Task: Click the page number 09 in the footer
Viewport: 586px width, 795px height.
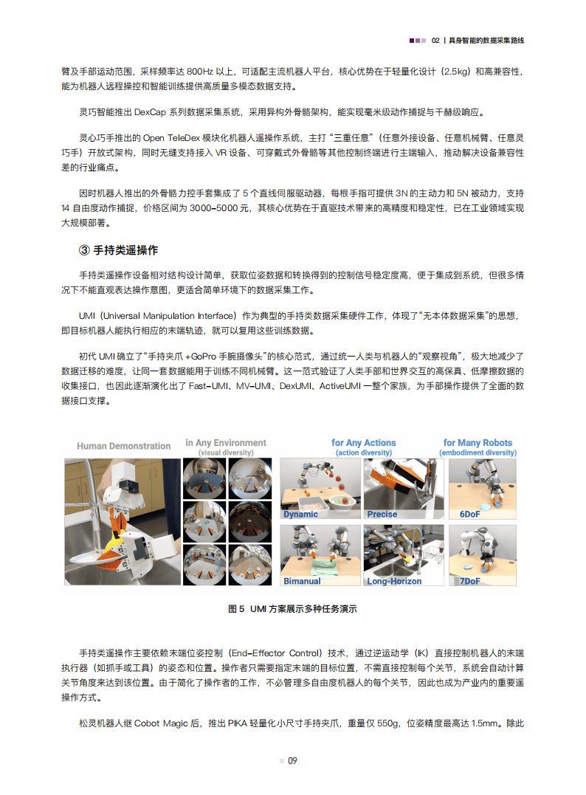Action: click(x=292, y=761)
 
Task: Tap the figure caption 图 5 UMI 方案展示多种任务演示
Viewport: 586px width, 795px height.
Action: click(x=293, y=609)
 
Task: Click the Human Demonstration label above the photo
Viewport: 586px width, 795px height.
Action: click(x=124, y=447)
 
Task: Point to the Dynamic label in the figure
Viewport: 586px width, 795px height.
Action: click(x=301, y=514)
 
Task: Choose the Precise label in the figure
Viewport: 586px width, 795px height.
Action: click(x=382, y=514)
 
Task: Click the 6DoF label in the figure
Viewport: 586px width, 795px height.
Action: click(x=470, y=514)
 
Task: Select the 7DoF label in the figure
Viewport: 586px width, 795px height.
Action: click(x=470, y=581)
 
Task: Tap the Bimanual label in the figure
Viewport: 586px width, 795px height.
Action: click(x=303, y=581)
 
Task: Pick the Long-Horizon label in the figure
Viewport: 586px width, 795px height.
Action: click(x=395, y=581)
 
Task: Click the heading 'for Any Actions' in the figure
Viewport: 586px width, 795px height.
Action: click(x=364, y=443)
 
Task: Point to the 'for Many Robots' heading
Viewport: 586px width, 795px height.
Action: click(x=478, y=443)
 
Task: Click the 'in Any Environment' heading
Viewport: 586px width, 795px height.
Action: click(x=226, y=443)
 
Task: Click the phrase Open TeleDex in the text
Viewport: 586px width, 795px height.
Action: click(x=170, y=137)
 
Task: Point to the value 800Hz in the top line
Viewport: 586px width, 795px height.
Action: click(x=203, y=72)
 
